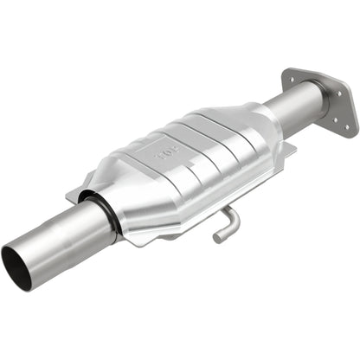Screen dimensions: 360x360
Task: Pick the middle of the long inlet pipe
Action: point(61,238)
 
